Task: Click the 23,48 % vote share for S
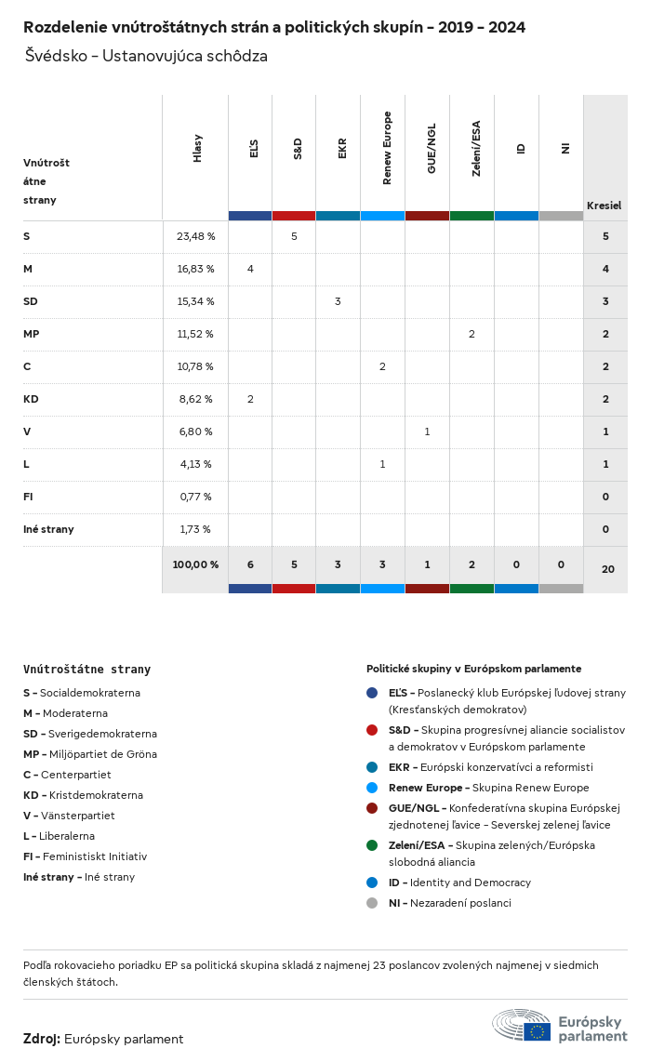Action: (x=195, y=236)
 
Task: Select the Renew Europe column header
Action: (x=387, y=149)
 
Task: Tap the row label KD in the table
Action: (x=31, y=399)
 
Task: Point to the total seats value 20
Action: (x=607, y=567)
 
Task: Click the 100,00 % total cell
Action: (x=195, y=564)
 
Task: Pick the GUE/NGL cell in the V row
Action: (x=427, y=431)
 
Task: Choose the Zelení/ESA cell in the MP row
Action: (x=472, y=334)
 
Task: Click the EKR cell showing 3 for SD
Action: (x=338, y=301)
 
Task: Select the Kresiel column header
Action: (x=604, y=205)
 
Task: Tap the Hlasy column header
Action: (x=197, y=149)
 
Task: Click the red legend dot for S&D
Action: (x=372, y=730)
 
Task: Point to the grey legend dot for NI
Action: (x=372, y=903)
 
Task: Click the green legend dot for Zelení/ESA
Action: (x=372, y=845)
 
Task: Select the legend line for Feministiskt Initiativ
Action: (x=86, y=856)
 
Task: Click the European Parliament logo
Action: (x=560, y=1025)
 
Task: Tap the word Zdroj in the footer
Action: (x=41, y=1039)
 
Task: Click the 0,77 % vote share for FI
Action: (x=195, y=497)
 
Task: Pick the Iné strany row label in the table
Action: (x=48, y=529)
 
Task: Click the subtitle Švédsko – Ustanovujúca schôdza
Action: (x=147, y=56)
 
